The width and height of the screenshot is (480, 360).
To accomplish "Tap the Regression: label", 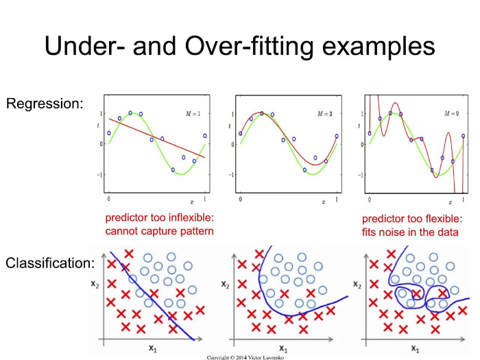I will point(45,104).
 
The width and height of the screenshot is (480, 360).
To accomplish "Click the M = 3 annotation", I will point(324,112).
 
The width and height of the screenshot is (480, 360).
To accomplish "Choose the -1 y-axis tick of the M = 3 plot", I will point(231,175).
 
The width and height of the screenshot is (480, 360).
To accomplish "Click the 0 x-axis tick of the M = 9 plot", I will point(370,199).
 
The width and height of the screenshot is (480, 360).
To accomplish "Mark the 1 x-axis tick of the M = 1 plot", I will point(205,199).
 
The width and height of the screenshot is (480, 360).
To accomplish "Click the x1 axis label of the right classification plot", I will point(416,348).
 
